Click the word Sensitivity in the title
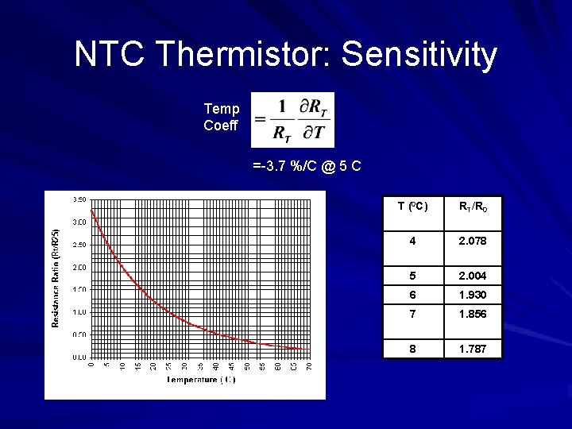(x=419, y=56)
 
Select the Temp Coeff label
(x=221, y=117)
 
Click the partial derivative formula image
(x=292, y=120)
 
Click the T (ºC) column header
(x=412, y=207)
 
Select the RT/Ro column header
(x=473, y=207)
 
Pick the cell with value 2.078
(x=473, y=241)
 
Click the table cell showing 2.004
(x=473, y=276)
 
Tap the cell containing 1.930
(x=473, y=295)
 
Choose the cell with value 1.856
(x=473, y=314)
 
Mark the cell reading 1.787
(x=473, y=349)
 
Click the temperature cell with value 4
(x=412, y=241)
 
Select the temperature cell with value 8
(x=412, y=349)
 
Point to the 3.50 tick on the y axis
(x=80, y=199)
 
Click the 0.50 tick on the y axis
(x=80, y=334)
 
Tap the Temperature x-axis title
(x=201, y=380)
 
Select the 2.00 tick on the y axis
(x=80, y=267)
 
